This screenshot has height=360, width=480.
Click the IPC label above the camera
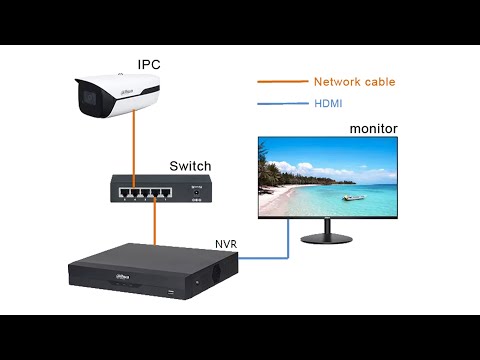coord(149,64)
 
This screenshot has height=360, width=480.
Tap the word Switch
coord(190,165)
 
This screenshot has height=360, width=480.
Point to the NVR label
coord(226,243)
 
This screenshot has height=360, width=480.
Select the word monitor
coord(373,129)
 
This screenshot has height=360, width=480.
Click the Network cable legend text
coord(354,82)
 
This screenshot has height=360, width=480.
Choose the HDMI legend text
coord(329,103)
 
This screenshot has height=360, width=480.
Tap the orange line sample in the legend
coord(281,82)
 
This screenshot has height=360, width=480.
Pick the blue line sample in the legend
coord(281,103)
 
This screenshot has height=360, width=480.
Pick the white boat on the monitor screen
coord(353,197)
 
